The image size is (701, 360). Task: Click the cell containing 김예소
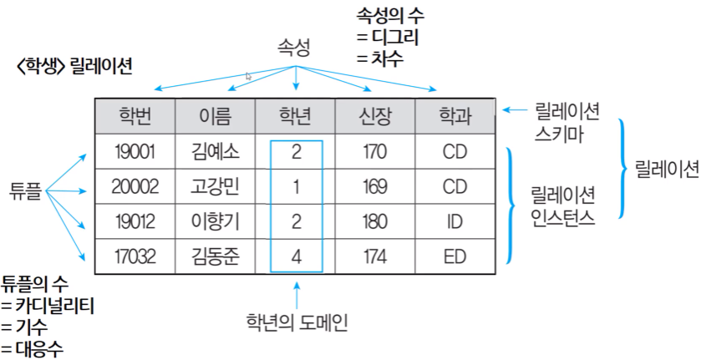tap(215, 153)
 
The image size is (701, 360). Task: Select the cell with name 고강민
tap(215, 187)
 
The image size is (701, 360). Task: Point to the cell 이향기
tap(215, 221)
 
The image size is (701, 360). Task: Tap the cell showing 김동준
tap(215, 256)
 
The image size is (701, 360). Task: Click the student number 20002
tap(135, 187)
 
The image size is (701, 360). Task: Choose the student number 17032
tap(135, 256)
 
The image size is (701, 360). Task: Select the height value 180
tap(375, 221)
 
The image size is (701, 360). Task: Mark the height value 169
tap(375, 187)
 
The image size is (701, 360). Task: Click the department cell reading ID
tap(455, 221)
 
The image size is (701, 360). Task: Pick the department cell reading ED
tap(455, 256)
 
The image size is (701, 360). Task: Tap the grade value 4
tap(296, 256)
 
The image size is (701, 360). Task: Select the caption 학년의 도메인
tap(296, 321)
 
